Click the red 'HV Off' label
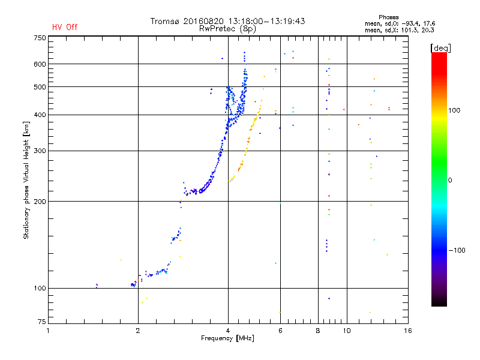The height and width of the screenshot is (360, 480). tap(65, 27)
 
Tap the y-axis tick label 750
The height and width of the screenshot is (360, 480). tap(39, 38)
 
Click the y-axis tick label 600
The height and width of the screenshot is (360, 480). tap(39, 64)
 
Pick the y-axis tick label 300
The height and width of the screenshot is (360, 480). tap(39, 151)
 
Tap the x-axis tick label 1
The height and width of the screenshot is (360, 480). tap(48, 331)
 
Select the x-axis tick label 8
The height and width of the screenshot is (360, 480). tap(318, 331)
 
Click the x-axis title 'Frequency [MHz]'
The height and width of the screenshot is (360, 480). tap(228, 338)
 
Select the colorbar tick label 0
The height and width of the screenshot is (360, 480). tap(451, 180)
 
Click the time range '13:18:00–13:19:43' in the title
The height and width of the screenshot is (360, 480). tap(266, 21)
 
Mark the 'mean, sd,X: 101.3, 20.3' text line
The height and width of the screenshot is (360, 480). tap(400, 29)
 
